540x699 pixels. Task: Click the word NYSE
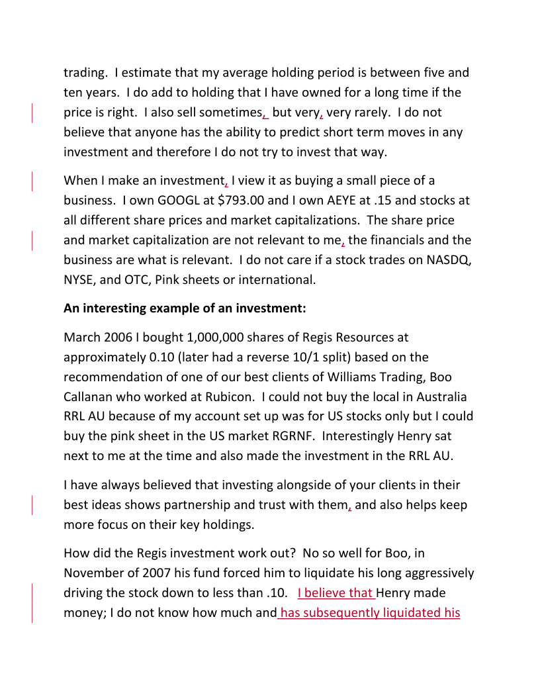coord(80,279)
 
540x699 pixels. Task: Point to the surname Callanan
coord(89,397)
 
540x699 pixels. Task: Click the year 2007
coord(150,573)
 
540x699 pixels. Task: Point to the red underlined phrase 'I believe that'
coord(336,593)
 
